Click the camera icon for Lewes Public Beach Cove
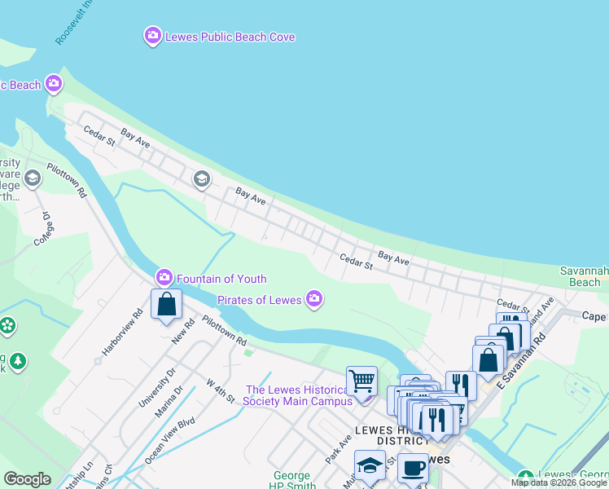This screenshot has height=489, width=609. pyautogui.click(x=152, y=36)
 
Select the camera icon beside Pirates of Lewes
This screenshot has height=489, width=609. pyautogui.click(x=314, y=300)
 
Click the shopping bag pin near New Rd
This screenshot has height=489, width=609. pyautogui.click(x=166, y=305)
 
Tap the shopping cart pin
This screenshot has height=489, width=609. pyautogui.click(x=361, y=381)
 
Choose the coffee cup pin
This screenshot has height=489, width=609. pyautogui.click(x=413, y=469)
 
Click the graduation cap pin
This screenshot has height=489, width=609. pyautogui.click(x=370, y=465)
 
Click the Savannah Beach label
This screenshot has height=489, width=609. pyautogui.click(x=585, y=276)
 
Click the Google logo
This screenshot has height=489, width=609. pyautogui.click(x=27, y=479)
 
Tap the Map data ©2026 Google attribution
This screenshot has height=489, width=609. pyautogui.click(x=559, y=482)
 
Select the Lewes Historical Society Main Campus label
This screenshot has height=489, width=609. pyautogui.click(x=300, y=395)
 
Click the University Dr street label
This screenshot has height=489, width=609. pyautogui.click(x=159, y=388)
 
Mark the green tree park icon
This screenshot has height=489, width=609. pyautogui.click(x=18, y=360)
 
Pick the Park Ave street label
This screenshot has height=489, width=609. pyautogui.click(x=340, y=444)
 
